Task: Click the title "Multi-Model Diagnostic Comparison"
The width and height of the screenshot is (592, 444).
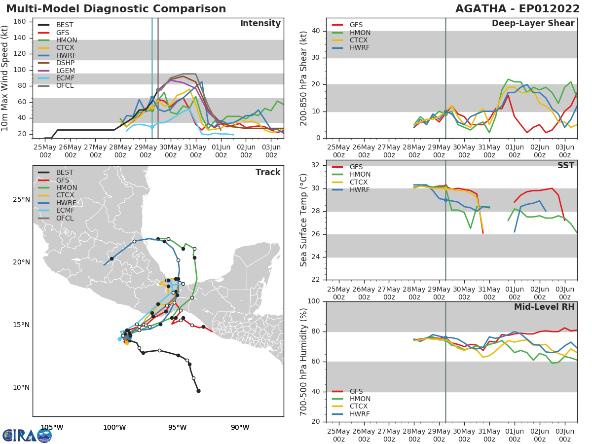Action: point(116,9)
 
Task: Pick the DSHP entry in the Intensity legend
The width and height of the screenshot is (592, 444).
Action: point(65,63)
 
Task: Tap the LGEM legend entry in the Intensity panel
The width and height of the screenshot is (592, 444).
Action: point(65,71)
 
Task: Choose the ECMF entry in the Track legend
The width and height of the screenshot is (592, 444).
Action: point(65,211)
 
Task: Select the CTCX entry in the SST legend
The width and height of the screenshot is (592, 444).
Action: point(360,182)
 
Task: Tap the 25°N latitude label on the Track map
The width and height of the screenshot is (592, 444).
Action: point(21,200)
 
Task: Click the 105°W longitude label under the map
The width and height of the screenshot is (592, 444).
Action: point(52,427)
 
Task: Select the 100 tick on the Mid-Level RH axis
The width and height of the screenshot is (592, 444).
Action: point(314,301)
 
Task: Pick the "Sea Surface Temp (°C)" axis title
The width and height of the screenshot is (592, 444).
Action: point(304,219)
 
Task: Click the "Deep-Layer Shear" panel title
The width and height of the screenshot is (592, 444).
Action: point(533,24)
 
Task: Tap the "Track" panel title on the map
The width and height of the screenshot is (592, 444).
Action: point(268,172)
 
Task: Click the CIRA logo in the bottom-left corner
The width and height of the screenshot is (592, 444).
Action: point(27,436)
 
